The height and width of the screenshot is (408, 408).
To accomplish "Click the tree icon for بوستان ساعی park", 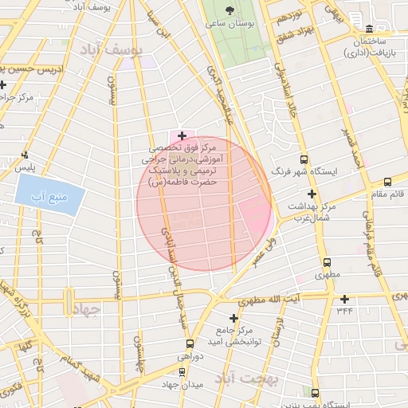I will [x=230, y=11].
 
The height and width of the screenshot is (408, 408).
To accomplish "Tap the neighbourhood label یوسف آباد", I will [x=115, y=50].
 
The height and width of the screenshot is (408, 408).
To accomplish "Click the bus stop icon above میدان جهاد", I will [x=183, y=371].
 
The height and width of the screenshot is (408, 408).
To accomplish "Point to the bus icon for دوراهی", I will [x=184, y=350].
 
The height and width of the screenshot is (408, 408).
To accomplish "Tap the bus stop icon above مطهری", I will [x=327, y=262].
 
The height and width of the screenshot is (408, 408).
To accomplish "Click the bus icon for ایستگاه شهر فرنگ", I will [x=325, y=159].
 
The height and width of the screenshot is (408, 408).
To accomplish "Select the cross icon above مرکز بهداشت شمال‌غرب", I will [x=312, y=194].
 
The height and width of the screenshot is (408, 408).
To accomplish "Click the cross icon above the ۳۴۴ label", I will [x=344, y=299].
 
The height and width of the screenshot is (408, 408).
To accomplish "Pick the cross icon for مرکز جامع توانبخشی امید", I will [x=233, y=318].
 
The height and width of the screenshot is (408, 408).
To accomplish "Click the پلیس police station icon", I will [x=27, y=155].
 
